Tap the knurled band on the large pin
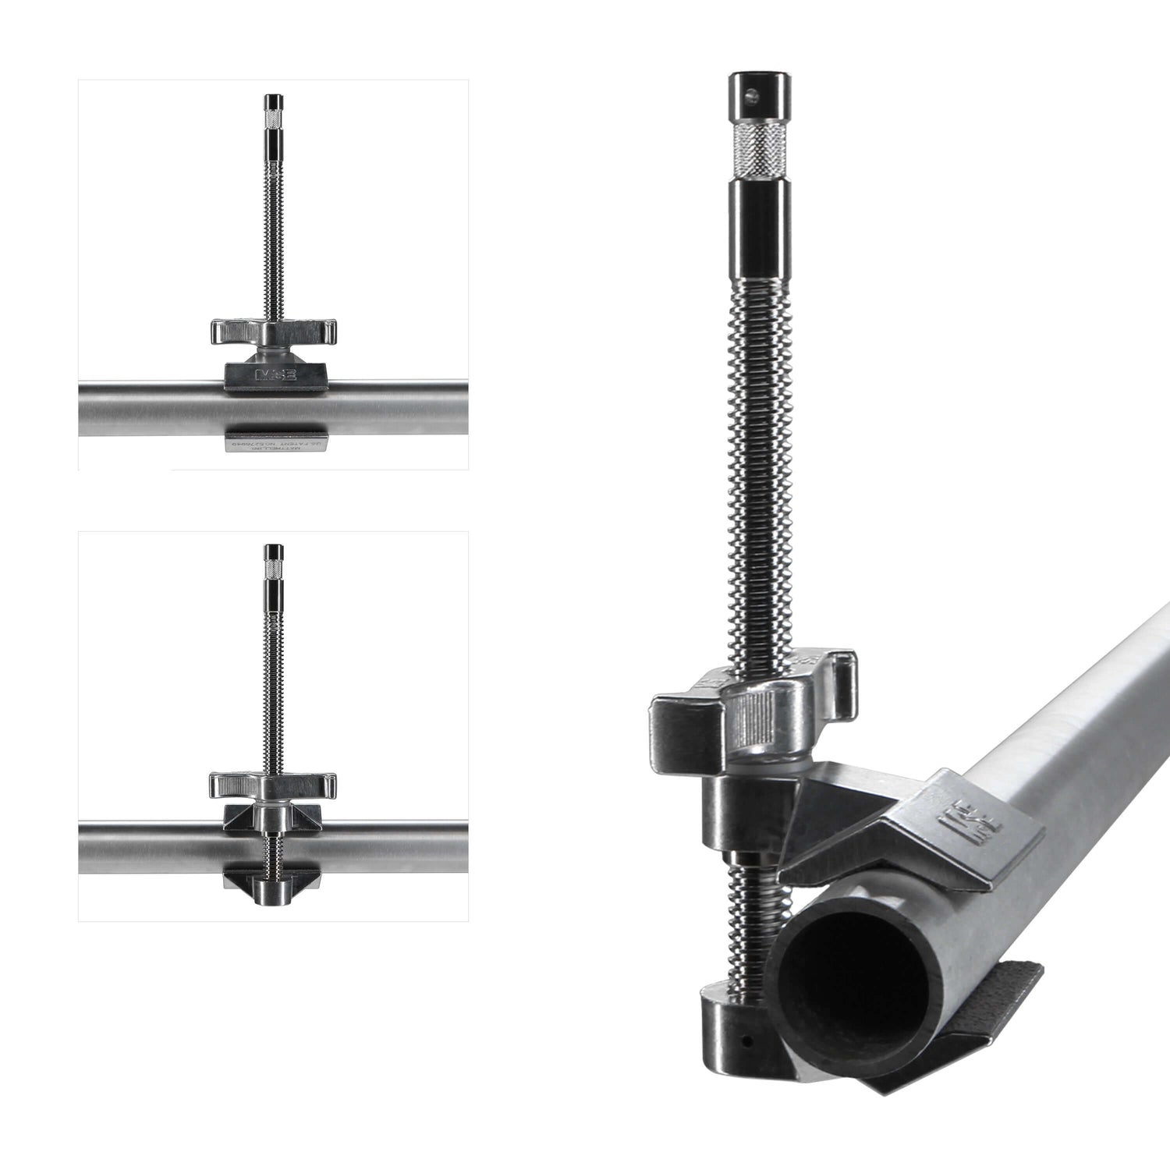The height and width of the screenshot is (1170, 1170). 756,150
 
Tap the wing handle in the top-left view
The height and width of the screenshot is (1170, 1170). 273,331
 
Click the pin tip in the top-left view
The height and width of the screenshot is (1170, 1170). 273,102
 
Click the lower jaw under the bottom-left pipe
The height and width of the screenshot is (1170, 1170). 273,880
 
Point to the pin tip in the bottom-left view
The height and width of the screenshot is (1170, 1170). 273,553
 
